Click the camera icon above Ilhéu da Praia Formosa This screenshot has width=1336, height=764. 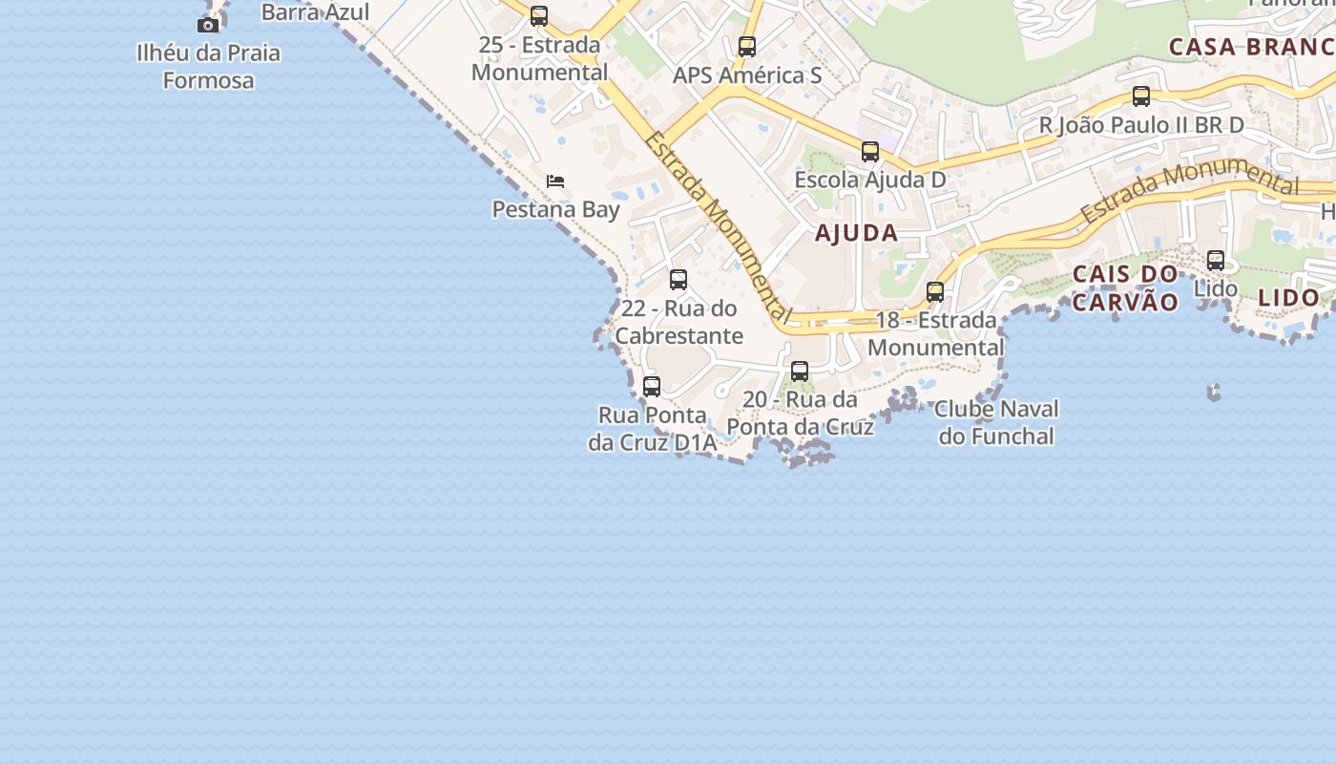208,25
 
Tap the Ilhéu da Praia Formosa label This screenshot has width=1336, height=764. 208,66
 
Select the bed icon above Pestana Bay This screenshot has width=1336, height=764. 555,180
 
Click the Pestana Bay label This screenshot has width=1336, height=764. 555,209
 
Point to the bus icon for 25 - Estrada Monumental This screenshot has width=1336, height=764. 539,16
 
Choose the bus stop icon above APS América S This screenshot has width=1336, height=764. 747,46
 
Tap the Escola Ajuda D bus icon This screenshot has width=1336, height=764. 870,151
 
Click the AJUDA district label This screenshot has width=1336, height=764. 856,232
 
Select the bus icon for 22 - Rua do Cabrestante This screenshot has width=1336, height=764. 678,280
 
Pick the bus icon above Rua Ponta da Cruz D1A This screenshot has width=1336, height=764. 652,387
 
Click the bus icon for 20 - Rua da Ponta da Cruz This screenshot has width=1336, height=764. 800,371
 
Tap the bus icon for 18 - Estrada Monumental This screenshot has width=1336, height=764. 935,292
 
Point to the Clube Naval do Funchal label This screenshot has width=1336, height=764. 996,423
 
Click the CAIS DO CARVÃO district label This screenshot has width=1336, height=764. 1125,287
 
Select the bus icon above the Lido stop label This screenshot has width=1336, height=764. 1216,260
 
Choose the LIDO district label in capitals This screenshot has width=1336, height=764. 1288,297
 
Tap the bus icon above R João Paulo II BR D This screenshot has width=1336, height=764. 1141,96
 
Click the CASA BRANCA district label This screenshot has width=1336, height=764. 1251,46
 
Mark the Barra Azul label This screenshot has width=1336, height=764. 315,12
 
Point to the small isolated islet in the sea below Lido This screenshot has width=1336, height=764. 1214,392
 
